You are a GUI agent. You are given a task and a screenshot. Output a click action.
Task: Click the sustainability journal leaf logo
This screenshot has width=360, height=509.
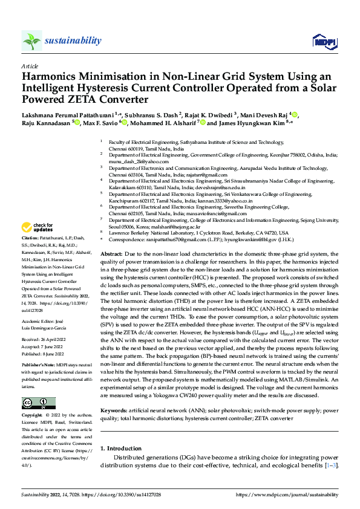31,41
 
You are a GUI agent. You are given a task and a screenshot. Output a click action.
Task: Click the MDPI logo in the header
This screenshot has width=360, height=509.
324,41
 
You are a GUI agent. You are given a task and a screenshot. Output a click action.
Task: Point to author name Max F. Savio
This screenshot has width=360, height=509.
101,122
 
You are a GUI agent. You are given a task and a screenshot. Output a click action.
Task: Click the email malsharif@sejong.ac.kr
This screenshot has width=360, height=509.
177,227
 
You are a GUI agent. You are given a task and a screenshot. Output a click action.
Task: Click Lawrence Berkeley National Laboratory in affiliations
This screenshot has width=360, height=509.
155,233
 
